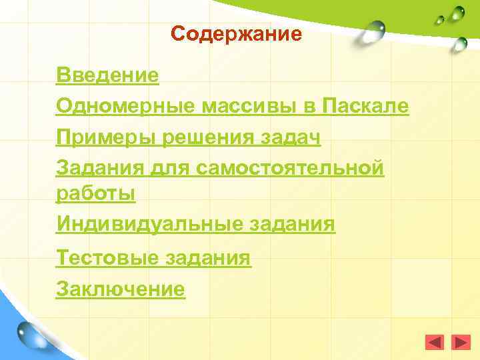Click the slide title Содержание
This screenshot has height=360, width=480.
coord(236,34)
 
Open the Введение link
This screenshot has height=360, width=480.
coord(108,75)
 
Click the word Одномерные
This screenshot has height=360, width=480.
coord(125,106)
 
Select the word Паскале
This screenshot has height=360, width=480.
coord(365,106)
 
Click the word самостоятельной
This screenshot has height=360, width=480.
coord(291,169)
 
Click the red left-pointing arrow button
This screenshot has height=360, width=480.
coord(434,343)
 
